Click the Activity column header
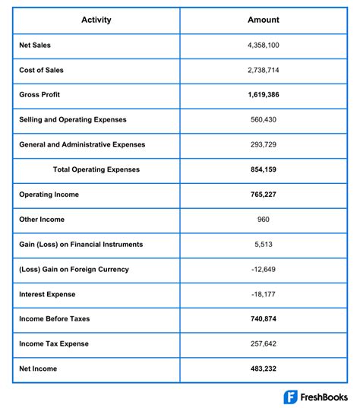coord(96,20)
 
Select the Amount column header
coord(264,20)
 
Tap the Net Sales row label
coord(36,46)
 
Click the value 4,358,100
coord(264,46)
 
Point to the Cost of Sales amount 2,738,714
coord(264,70)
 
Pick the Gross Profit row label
coord(40,95)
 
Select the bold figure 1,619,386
coord(264,95)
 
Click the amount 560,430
coord(264,120)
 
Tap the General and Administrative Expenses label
coord(82,144)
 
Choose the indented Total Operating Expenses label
coord(96,169)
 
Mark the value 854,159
coord(264,169)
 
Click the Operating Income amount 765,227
coord(264,195)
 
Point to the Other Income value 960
coord(264,220)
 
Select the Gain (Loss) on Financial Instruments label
coord(81,244)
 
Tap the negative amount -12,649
coord(264,269)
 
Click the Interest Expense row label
coord(47,294)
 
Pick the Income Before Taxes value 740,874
coord(264,318)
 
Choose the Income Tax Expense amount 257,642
coord(264,343)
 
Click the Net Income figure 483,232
coord(264,368)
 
